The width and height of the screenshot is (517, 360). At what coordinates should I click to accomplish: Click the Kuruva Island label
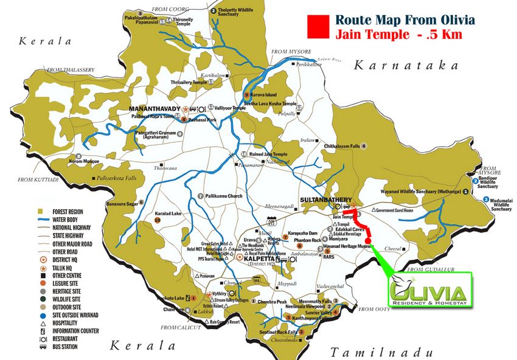coord(263,95)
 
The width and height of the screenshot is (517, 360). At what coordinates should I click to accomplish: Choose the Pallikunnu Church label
coord(223,196)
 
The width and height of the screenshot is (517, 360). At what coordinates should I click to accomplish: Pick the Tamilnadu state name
coord(381,351)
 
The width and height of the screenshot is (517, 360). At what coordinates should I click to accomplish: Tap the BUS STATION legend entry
coord(63,347)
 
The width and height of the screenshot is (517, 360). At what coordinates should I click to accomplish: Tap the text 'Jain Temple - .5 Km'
coord(398,35)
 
